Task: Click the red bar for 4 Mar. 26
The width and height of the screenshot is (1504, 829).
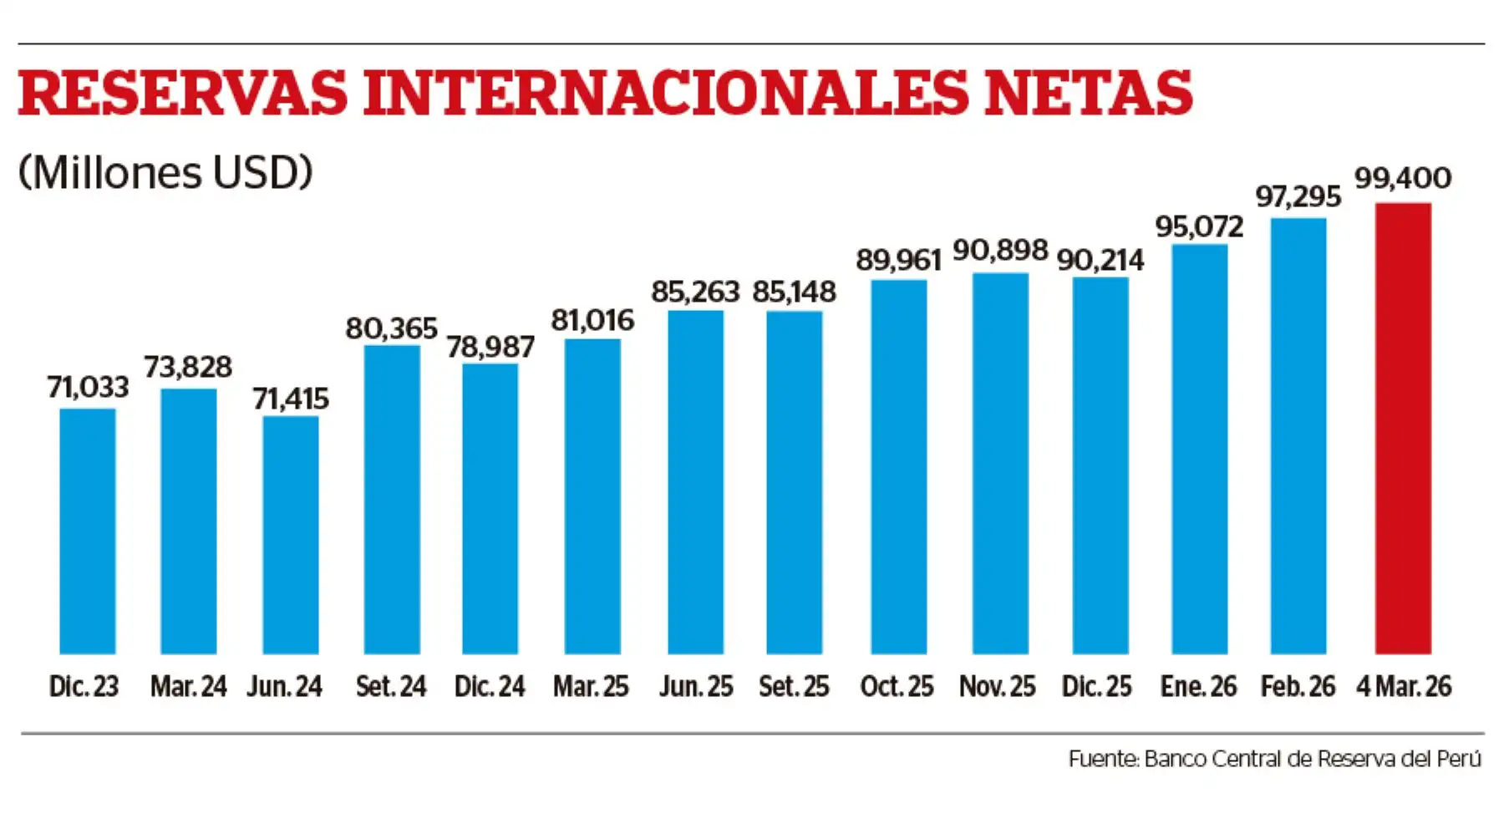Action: [1403, 428]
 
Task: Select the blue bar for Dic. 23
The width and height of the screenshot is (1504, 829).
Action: [88, 531]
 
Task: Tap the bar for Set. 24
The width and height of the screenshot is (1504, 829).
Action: [392, 499]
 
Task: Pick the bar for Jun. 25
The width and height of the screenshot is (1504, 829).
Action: [695, 481]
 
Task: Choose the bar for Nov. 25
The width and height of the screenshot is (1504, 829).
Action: [1000, 463]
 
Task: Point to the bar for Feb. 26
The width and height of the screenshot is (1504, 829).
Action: [1298, 435]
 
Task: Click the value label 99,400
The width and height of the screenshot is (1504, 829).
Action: [1403, 178]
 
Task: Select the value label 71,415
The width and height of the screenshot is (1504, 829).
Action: [291, 399]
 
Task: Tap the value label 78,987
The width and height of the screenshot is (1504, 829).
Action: [490, 347]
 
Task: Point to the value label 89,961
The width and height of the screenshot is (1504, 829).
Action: [898, 260]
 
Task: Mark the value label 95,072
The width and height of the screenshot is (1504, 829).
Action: [1199, 226]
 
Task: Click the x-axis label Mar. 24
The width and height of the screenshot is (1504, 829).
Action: [188, 687]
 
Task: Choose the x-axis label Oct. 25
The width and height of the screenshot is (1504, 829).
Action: [897, 687]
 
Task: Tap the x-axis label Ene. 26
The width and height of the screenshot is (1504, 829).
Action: [1198, 687]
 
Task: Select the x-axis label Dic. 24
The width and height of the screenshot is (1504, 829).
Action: [490, 687]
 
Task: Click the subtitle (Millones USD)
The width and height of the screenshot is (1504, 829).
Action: [165, 173]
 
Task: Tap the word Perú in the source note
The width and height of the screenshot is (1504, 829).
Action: [1459, 759]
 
